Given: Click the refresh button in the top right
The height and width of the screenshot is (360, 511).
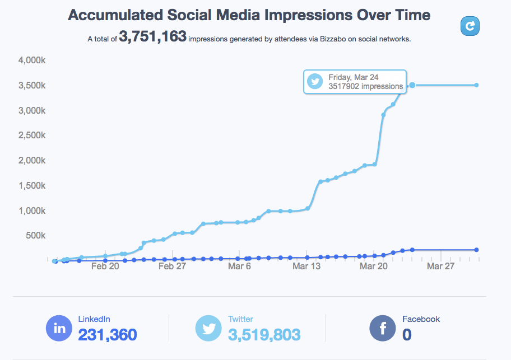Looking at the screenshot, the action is (470, 26).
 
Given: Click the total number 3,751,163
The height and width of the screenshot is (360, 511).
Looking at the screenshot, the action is (152, 38).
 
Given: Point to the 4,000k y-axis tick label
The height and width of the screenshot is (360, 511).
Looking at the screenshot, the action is (32, 60).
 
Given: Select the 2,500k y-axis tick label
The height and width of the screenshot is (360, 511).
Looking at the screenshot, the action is (32, 135).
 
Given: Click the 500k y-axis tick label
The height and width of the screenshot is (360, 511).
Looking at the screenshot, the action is (36, 235).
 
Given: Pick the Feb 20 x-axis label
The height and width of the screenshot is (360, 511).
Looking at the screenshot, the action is (105, 267).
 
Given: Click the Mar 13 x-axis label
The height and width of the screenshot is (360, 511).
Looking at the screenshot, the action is (306, 267).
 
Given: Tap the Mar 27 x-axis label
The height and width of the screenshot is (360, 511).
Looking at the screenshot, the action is (440, 267).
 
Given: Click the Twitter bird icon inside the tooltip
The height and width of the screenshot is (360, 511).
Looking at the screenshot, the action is (315, 82).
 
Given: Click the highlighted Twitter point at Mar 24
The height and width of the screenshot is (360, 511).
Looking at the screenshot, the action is (412, 85).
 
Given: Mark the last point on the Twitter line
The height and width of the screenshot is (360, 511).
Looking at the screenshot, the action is (476, 85).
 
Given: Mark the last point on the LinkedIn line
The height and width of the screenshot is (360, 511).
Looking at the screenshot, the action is (476, 250).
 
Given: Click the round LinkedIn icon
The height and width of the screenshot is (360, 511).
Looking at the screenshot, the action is (59, 328).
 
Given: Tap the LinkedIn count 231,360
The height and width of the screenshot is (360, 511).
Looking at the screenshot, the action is (107, 335).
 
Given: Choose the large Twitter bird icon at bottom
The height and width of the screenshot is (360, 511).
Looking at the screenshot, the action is (208, 328).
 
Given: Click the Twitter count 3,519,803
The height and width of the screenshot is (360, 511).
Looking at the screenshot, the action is (264, 335).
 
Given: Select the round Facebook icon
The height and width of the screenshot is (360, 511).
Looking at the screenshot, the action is (383, 328).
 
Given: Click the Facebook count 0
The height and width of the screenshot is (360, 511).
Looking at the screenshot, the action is (407, 335).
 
